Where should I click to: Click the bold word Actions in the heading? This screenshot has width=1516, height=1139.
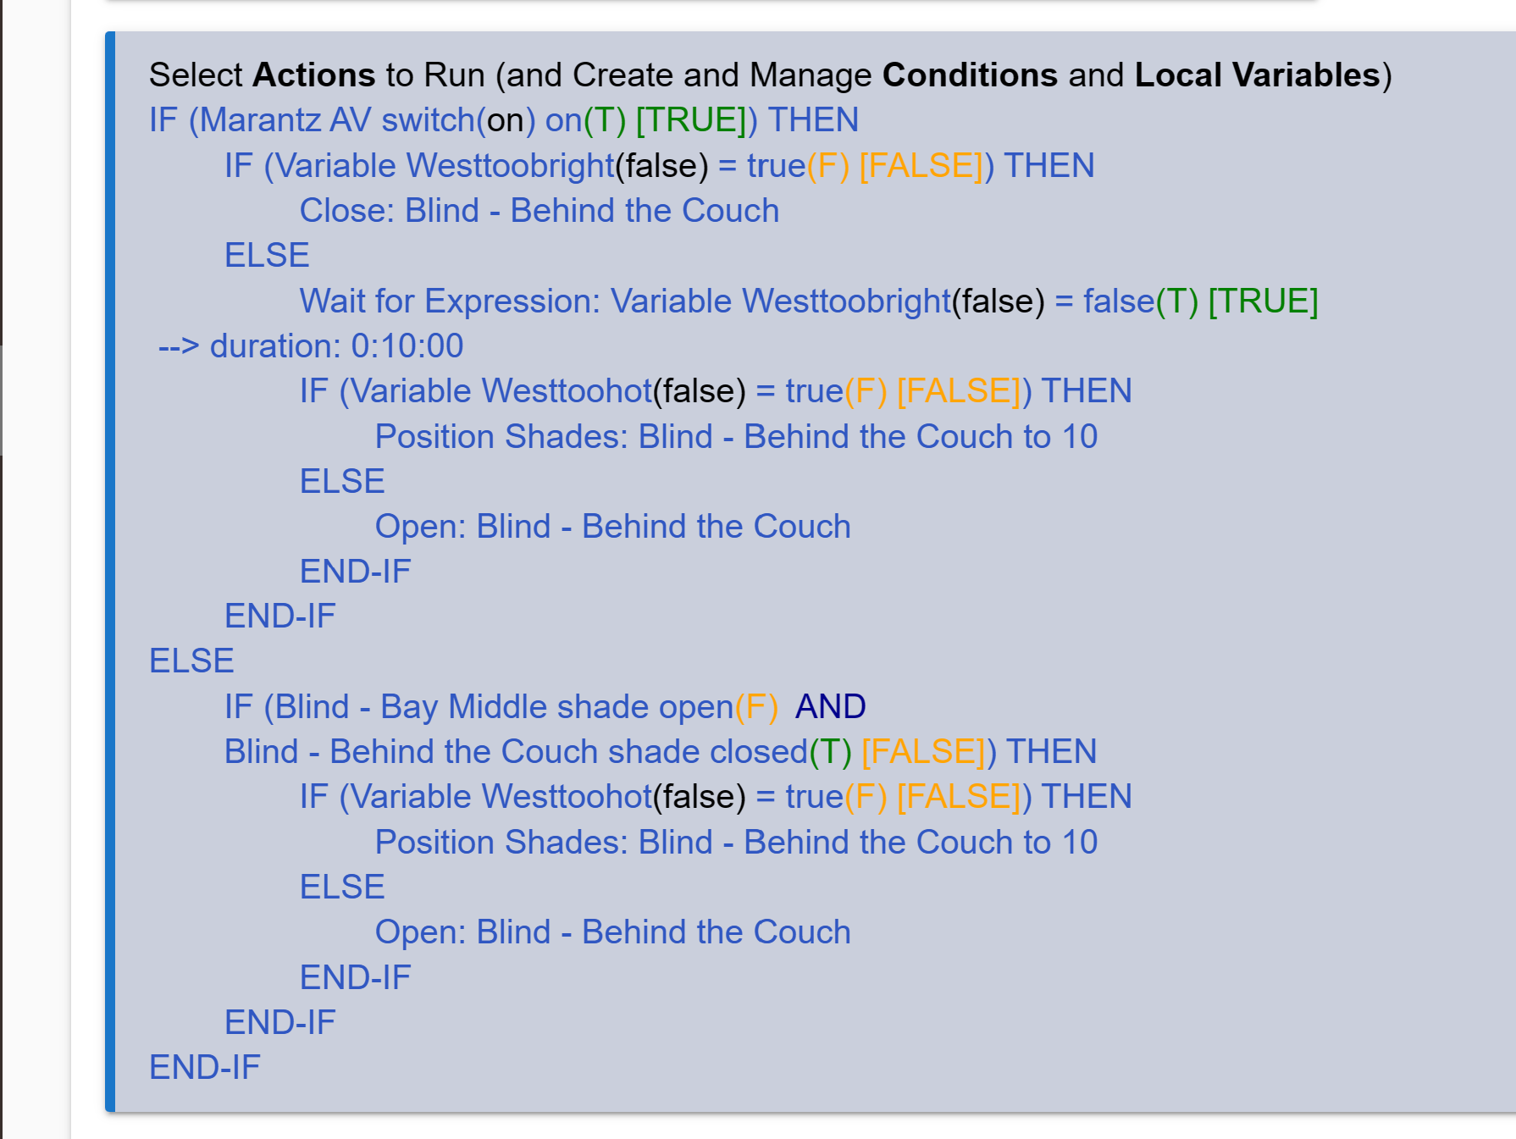[313, 75]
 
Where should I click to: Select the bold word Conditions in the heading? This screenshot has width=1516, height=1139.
[970, 75]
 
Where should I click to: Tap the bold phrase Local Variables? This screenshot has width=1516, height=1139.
[1258, 75]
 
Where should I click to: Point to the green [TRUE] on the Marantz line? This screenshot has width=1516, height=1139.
[691, 120]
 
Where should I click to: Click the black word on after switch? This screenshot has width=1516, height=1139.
[506, 121]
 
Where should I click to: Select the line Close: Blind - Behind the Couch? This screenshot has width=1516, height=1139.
[539, 211]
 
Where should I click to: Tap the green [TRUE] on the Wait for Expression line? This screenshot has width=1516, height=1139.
[1263, 301]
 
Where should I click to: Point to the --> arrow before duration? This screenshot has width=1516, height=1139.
[179, 346]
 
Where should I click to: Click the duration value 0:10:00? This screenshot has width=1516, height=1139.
[407, 346]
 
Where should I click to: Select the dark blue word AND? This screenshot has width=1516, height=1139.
[830, 706]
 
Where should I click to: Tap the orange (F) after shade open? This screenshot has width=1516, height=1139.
[756, 707]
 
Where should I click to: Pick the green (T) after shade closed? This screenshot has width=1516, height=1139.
[830, 752]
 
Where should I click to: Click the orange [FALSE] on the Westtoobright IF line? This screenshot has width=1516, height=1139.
[921, 166]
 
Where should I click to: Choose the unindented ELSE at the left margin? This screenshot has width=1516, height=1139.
[191, 661]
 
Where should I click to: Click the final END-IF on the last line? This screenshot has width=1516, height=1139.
[205, 1068]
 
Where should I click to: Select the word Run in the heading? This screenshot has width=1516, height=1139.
[455, 75]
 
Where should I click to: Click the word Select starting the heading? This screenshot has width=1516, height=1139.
[196, 75]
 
